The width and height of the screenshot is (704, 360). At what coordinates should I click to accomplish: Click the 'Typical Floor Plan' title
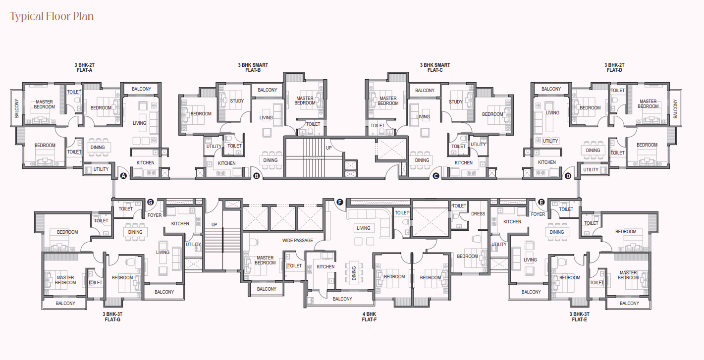[x=52, y=16]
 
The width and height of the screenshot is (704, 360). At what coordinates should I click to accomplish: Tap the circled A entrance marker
[x=123, y=176]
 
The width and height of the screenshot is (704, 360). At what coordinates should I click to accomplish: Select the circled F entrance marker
[x=340, y=202]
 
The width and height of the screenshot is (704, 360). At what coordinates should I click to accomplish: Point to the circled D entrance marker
[x=568, y=176]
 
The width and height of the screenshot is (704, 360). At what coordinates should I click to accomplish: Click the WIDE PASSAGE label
[x=297, y=241]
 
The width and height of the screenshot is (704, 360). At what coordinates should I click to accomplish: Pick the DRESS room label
[x=478, y=213]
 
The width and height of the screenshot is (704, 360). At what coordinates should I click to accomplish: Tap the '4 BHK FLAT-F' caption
[x=369, y=316]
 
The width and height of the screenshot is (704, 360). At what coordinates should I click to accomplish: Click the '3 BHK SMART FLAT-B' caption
[x=253, y=67]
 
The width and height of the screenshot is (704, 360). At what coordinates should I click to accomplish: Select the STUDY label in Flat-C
[x=456, y=102]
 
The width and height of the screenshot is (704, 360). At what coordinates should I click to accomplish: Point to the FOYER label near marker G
[x=155, y=215]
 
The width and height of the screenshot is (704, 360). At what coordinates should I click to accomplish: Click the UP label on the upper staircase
[x=329, y=148]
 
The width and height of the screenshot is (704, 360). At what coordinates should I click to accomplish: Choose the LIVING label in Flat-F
[x=364, y=228]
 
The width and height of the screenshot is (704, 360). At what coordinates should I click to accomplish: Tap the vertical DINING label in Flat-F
[x=354, y=273]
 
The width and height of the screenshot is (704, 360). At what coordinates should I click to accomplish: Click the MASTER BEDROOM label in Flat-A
[x=44, y=104]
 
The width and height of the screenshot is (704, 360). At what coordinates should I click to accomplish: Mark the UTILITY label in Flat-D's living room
[x=550, y=141]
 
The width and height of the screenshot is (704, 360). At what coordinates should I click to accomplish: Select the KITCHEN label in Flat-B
[x=226, y=163]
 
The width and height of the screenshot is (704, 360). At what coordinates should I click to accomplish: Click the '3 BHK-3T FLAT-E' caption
[x=579, y=316]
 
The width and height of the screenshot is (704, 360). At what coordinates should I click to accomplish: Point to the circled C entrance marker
[x=435, y=176]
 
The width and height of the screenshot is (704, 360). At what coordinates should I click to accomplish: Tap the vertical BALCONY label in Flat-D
[x=675, y=108]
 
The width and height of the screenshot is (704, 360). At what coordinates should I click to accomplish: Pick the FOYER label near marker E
[x=538, y=214]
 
